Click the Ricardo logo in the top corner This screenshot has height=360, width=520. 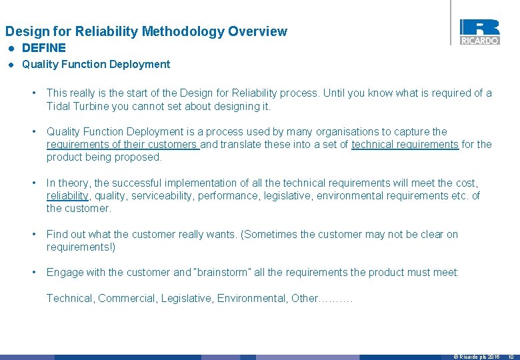479,31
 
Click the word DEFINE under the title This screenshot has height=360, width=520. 44,48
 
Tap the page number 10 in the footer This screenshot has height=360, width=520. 510,357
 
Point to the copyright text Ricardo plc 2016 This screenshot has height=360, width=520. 477,357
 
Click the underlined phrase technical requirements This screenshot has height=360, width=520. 405,145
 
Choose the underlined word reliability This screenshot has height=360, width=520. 67,196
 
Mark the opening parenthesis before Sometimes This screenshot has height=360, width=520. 242,235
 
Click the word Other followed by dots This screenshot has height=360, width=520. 305,299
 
